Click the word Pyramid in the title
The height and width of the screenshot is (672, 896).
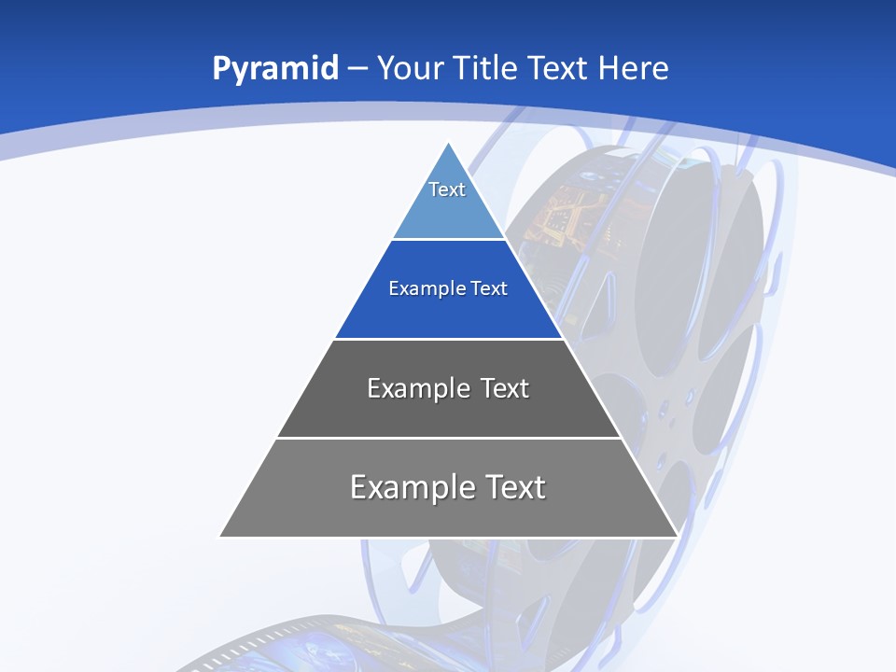274,69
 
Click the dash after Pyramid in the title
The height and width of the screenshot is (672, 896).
357,69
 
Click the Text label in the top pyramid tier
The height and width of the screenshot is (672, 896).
447,189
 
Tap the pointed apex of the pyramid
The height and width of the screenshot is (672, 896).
449,145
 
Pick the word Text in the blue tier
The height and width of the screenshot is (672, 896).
489,289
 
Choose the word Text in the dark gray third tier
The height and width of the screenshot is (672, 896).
505,388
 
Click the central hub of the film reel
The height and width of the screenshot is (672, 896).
665,409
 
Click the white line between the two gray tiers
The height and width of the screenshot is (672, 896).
449,438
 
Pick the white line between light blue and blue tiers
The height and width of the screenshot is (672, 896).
449,240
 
